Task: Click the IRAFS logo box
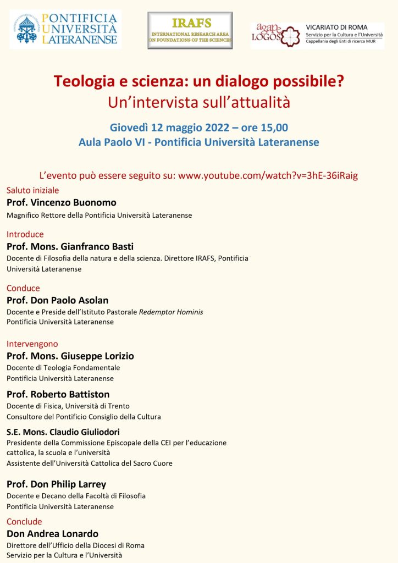pos(190,30)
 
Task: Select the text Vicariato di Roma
pos(337,27)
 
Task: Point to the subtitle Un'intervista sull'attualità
pos(198,103)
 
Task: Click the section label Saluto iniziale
pos(32,190)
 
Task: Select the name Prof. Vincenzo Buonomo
pos(62,202)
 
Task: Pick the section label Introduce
pos(25,234)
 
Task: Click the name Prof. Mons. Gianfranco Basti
pos(70,246)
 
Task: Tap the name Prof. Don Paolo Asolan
pos(58,300)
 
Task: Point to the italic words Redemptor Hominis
pos(170,312)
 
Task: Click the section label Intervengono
pos(32,344)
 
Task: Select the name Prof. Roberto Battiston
pos(58,394)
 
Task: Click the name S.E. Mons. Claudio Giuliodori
pos(63,432)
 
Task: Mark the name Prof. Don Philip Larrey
pos(57,484)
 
